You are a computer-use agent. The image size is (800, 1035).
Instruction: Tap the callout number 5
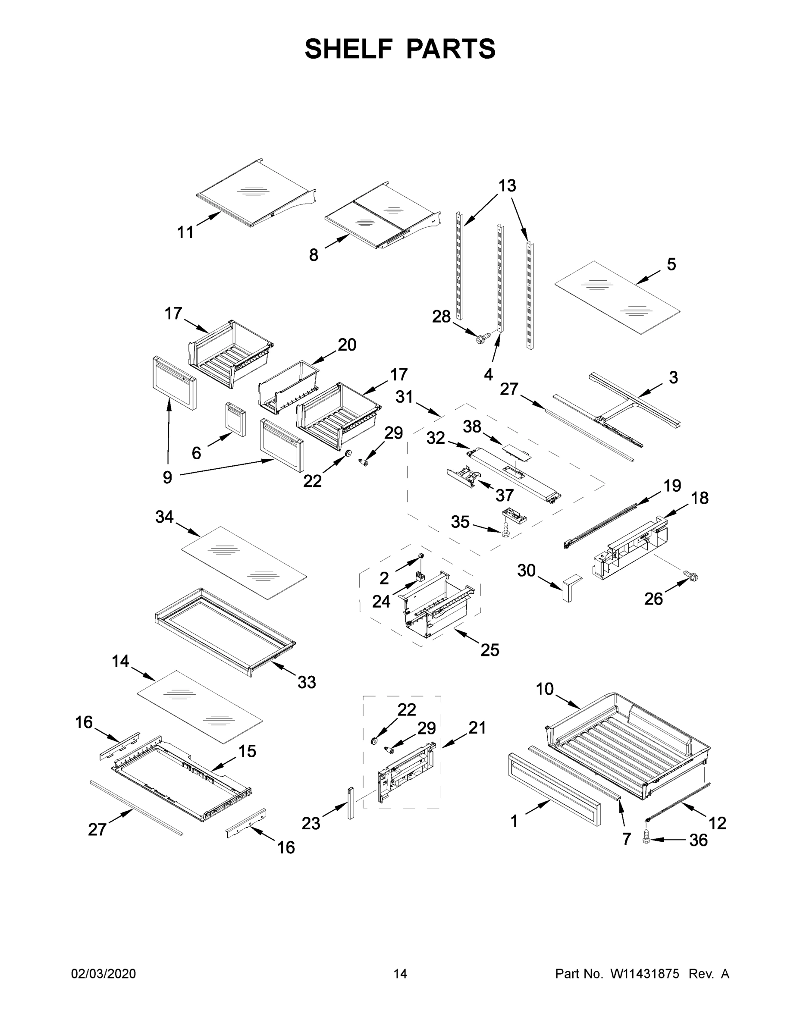671,264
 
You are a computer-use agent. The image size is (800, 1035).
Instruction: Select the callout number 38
472,427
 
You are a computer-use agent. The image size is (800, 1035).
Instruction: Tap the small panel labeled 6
236,418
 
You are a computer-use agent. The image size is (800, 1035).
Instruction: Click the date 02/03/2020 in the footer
104,973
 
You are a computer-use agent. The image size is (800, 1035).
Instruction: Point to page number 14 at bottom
400,973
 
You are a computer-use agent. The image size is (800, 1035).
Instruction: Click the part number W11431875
645,973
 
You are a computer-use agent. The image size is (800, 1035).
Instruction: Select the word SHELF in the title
348,49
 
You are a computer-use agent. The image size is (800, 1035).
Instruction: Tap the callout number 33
307,682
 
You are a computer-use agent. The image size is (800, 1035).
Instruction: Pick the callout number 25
489,650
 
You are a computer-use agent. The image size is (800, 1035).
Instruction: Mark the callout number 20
347,345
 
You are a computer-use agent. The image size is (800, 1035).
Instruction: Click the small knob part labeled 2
420,555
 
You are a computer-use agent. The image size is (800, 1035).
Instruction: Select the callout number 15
247,751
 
